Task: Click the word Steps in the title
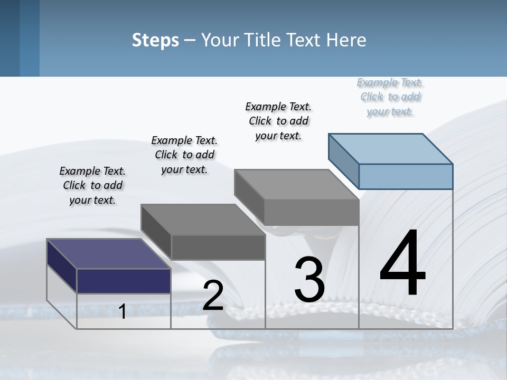155,40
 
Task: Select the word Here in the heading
347,40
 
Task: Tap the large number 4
402,264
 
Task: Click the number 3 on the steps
309,280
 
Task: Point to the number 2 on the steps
213,296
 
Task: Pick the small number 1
122,312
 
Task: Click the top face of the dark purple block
108,254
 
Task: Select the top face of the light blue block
391,148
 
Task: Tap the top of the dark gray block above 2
203,220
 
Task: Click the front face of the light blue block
406,176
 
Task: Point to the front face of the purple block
124,281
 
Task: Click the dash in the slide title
190,41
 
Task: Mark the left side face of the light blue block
344,160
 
